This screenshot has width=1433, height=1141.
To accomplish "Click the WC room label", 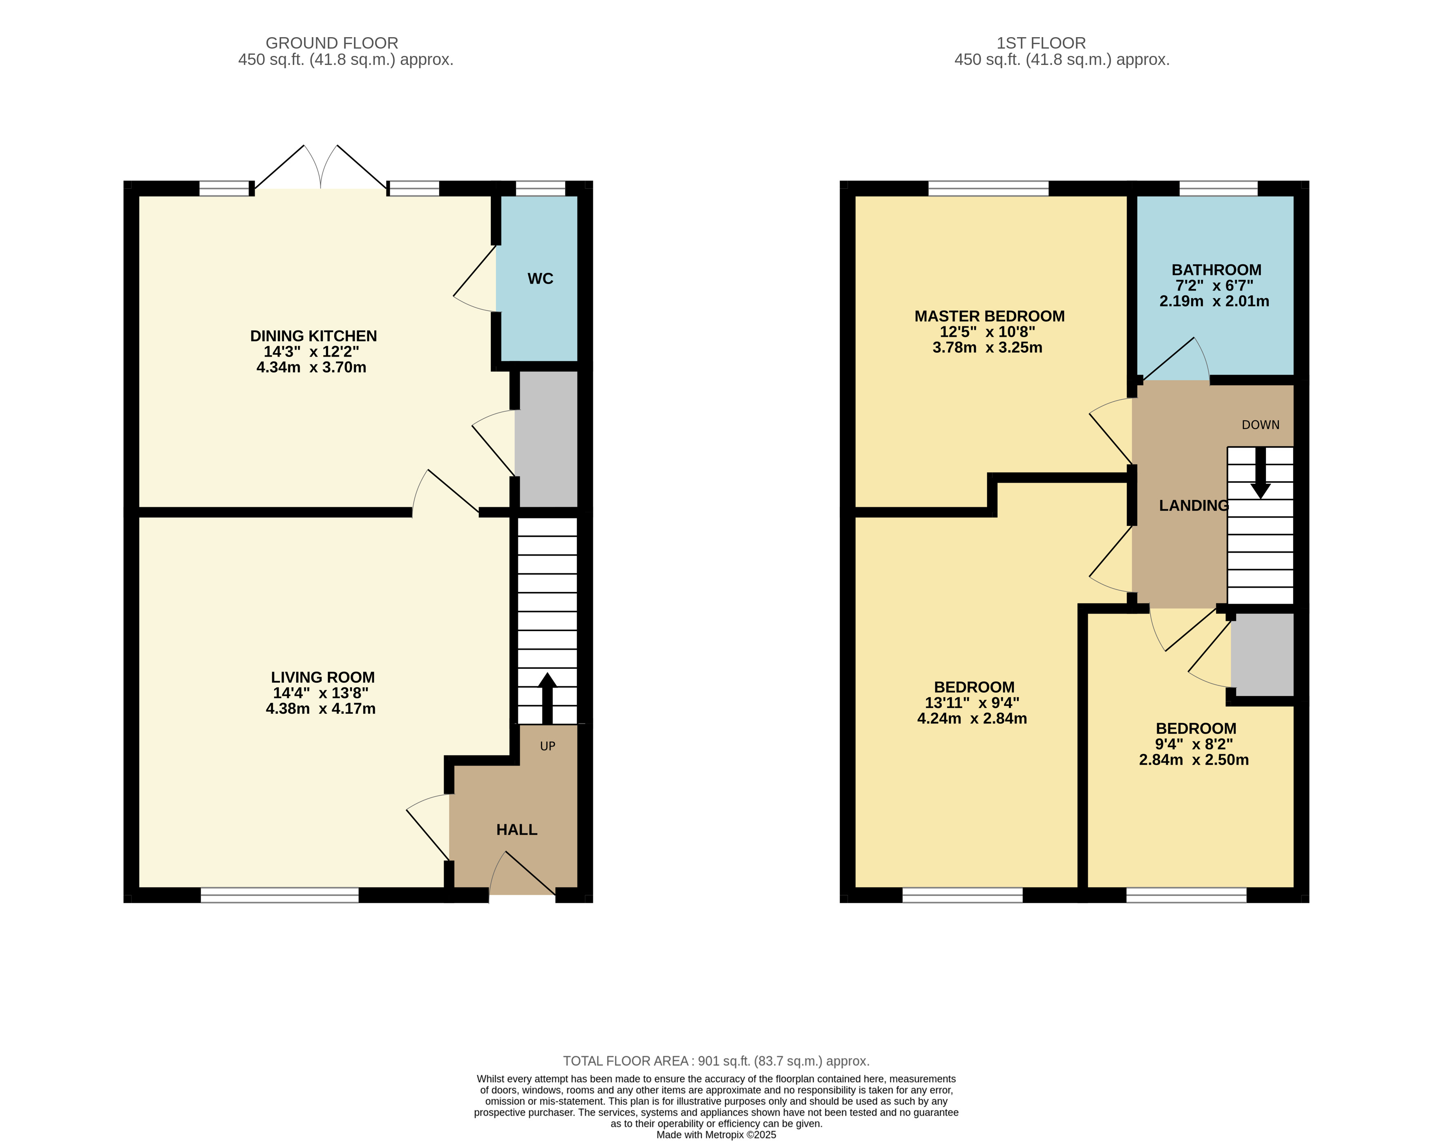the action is [x=540, y=279].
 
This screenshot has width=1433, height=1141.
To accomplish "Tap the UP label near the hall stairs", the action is [x=548, y=746].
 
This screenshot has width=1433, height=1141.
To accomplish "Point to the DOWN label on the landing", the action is [x=1260, y=424].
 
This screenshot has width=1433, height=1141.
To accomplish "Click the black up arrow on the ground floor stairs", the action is [x=547, y=698].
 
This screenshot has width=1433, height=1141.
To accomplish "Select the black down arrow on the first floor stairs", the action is [x=1260, y=473].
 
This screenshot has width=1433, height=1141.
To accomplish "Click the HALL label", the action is [x=516, y=829].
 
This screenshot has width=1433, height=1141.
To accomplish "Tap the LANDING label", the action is [x=1194, y=506].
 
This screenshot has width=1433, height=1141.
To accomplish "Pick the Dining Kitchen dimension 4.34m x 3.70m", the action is [x=311, y=368].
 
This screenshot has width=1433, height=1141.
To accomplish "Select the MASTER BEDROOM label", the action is [x=989, y=316].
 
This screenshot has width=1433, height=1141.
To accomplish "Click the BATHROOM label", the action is [x=1216, y=270].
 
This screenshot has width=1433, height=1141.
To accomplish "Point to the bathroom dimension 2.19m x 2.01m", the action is [x=1214, y=301].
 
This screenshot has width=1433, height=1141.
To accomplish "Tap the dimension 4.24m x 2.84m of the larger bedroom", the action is [x=972, y=718].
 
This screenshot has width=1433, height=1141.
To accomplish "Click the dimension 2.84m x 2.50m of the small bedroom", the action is [x=1194, y=759].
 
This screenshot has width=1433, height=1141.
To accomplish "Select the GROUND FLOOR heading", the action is [x=332, y=43].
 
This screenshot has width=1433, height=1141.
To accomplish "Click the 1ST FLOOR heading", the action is [x=1041, y=43].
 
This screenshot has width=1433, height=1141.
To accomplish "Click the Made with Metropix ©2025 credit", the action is [x=716, y=1135].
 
